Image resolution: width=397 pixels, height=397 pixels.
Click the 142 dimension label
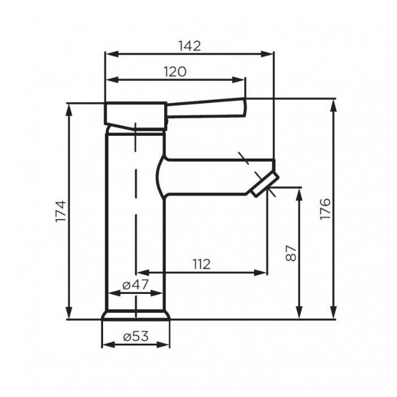click(190, 46)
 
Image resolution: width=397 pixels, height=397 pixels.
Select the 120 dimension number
click(175, 72)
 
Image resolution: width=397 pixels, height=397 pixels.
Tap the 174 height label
click(61, 211)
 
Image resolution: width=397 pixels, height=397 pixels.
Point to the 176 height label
click(325, 209)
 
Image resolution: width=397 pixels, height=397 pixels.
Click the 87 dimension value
click(291, 253)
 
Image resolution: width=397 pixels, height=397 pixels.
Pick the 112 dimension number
click(202, 264)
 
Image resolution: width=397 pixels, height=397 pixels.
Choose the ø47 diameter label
click(135, 285)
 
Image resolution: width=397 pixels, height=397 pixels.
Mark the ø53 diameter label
click(136, 336)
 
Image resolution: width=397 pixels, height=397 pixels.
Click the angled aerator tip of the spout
click(265, 185)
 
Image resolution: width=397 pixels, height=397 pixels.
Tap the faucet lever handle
click(206, 108)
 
